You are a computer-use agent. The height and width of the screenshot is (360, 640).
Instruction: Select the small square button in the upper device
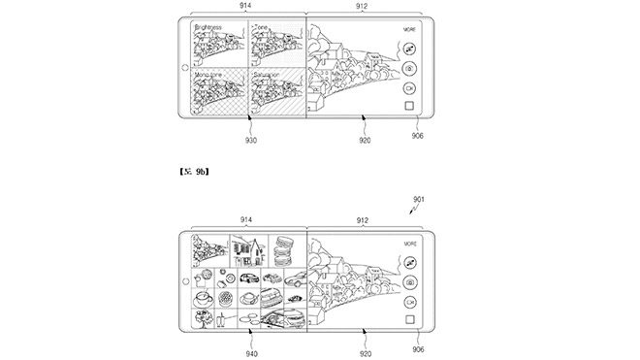click(x=410, y=106)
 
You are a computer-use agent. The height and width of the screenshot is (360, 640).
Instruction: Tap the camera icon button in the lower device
click(x=410, y=282)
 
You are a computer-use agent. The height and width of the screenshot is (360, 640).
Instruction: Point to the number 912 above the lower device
click(x=363, y=220)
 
